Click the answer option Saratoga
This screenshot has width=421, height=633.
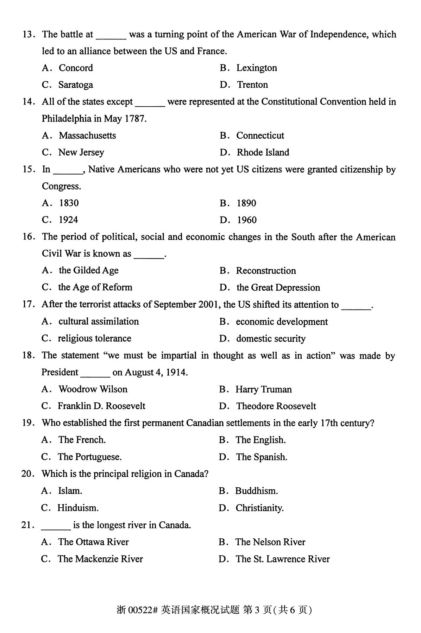click(75, 85)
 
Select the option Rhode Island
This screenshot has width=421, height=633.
click(263, 152)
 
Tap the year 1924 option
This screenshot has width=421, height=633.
click(68, 220)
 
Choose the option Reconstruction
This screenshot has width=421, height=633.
click(266, 271)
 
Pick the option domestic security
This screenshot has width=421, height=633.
click(271, 339)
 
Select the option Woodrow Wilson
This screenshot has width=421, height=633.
click(93, 389)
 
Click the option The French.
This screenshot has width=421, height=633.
click(82, 440)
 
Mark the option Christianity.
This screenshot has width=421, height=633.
click(259, 508)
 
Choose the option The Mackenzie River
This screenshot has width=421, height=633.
click(100, 559)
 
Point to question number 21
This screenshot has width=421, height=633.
click(27, 525)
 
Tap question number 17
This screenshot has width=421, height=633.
click(28, 305)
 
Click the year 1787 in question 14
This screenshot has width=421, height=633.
click(135, 119)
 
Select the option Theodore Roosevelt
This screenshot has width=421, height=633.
click(276, 406)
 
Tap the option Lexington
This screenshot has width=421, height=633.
click(257, 68)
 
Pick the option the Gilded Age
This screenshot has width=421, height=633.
click(88, 270)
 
